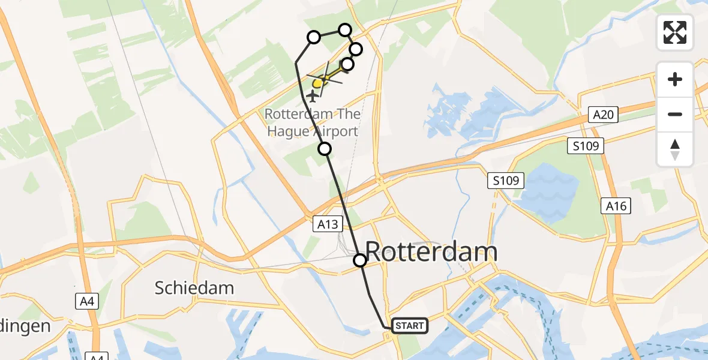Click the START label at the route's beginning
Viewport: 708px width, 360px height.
point(410,326)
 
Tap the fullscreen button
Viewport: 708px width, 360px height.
point(675,32)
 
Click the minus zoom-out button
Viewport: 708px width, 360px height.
point(675,114)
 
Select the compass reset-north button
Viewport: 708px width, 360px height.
point(675,149)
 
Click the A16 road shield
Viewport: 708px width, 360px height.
point(616,206)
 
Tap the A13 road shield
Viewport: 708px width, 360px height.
point(328,224)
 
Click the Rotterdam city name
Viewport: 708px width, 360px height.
point(431,252)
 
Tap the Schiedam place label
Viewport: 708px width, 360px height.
point(194,288)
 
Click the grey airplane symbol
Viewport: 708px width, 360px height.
point(313,96)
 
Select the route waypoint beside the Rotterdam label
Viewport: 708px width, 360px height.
point(359,260)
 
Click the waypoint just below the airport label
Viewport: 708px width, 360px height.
point(325,148)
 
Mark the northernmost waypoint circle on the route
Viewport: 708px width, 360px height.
point(344,30)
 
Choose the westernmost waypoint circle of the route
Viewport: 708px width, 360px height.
point(313,38)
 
